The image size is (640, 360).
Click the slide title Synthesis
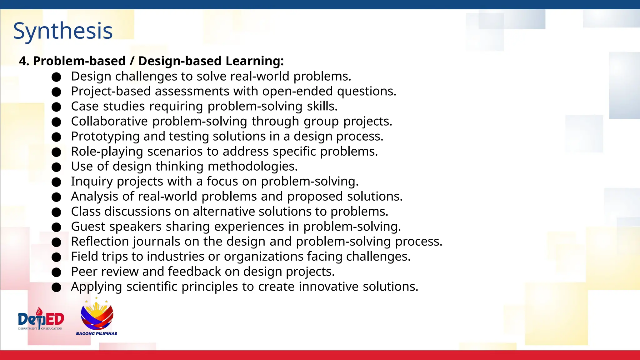pos(63,31)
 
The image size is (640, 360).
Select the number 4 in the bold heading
pos(22,61)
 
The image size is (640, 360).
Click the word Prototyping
pos(105,137)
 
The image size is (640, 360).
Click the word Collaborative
pos(109,121)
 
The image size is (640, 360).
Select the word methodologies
pos(252,166)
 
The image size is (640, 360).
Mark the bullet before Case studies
pos(56,107)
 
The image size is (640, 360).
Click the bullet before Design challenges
pos(56,77)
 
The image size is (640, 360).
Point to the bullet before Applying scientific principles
pos(56,287)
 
